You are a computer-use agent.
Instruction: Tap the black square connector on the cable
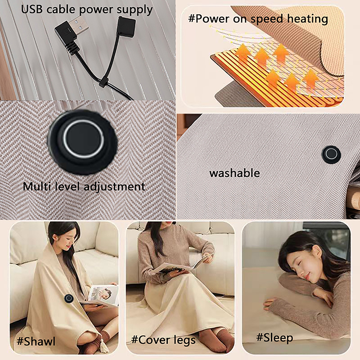tap(126, 26)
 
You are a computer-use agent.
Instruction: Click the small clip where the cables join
tap(103, 82)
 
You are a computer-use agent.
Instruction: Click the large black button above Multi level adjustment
tap(83, 142)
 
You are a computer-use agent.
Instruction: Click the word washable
tap(234, 173)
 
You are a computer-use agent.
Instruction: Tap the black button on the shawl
tap(69, 298)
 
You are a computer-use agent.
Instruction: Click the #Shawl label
tap(36, 342)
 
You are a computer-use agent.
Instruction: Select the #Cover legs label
tap(163, 340)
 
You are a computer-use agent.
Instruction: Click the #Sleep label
tap(274, 338)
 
